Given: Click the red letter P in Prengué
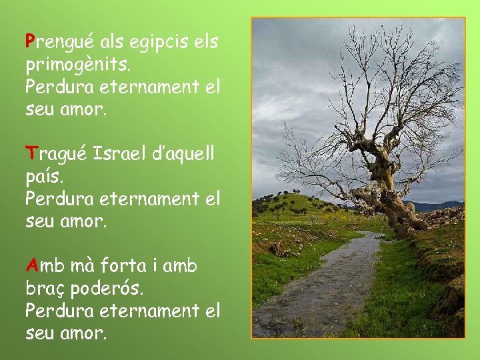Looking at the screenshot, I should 30,41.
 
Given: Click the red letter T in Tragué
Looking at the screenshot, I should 30,154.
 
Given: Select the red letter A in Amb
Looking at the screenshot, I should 31,266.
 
